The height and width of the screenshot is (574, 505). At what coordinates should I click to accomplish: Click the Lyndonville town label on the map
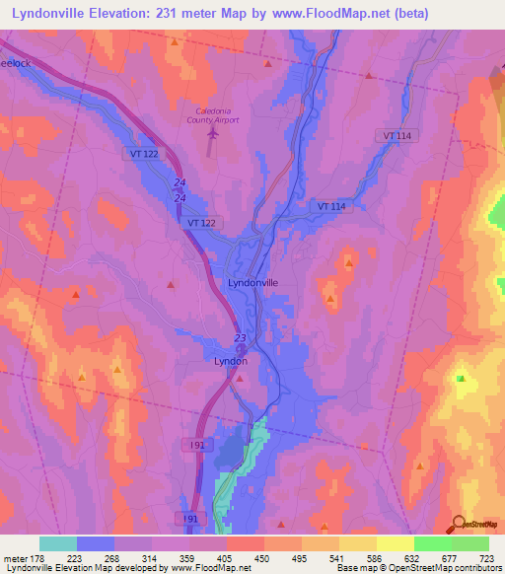252,282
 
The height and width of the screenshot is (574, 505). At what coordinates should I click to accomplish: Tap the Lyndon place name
230,361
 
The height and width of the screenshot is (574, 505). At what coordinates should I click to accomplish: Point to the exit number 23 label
240,338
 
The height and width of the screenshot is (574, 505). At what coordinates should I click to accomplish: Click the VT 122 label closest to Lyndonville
201,224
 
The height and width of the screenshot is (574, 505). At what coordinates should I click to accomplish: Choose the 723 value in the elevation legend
486,558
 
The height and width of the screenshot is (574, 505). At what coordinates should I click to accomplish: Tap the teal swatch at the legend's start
58,543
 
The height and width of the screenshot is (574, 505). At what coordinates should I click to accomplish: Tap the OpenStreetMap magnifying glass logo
458,524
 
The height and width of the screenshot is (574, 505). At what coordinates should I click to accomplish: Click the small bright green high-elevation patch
461,376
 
